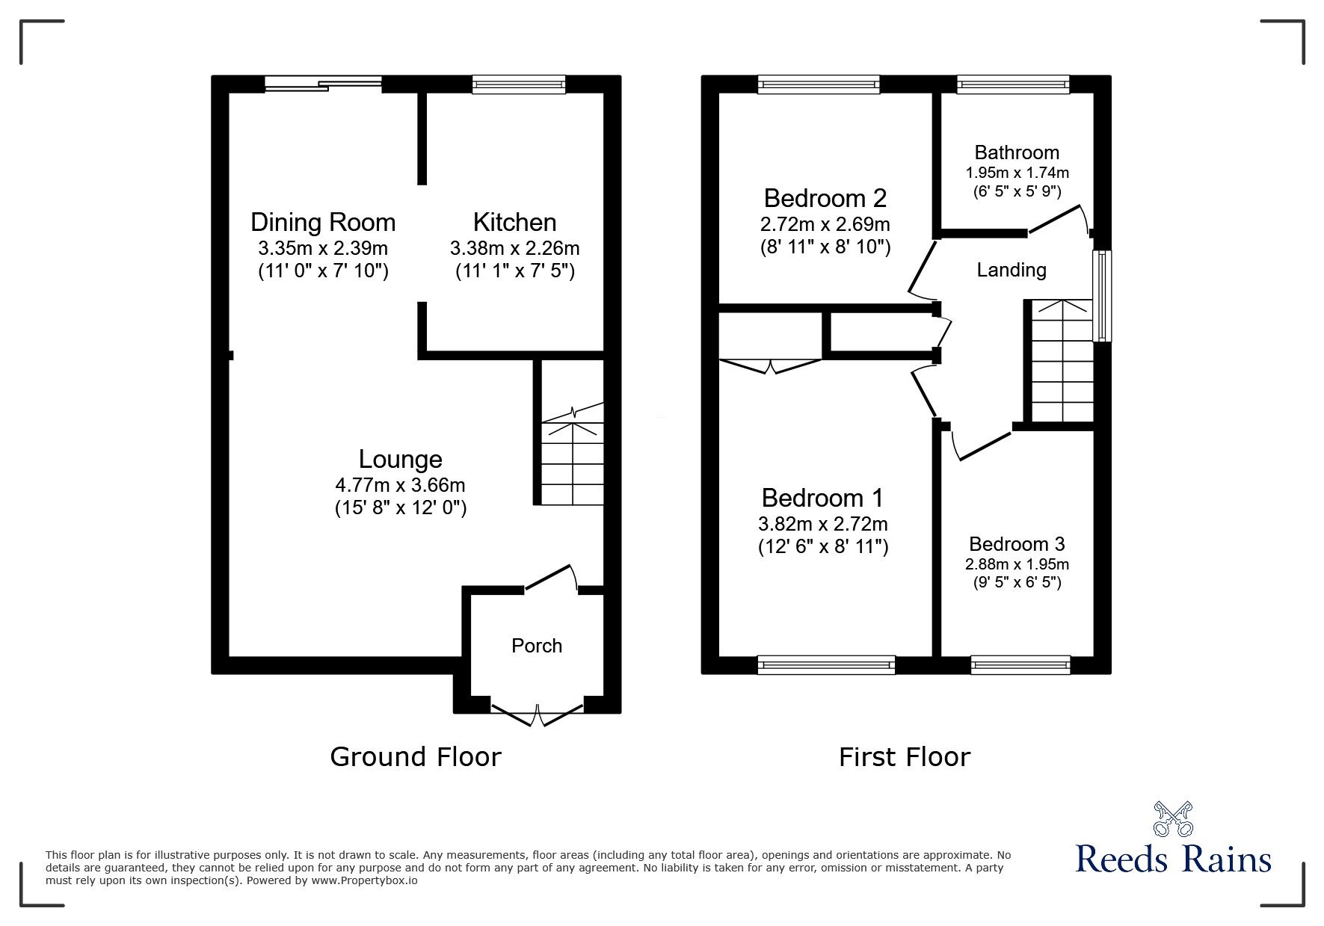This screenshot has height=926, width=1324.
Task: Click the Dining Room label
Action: [x=323, y=222]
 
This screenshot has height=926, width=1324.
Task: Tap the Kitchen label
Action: [x=514, y=222]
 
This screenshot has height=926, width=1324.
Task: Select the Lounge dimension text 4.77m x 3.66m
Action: [x=400, y=485]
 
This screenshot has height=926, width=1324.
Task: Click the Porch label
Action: [x=536, y=646]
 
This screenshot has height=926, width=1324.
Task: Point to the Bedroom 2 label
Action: [x=825, y=198]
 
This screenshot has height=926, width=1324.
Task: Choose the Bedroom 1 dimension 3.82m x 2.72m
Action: [x=822, y=524]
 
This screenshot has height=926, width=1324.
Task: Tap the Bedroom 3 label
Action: [x=1016, y=544]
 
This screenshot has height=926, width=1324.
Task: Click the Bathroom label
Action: [x=1016, y=152]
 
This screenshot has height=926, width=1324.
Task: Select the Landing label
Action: [x=1011, y=270]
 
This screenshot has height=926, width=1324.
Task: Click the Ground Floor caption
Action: [x=415, y=757]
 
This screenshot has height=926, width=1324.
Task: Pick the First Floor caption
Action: [x=904, y=757]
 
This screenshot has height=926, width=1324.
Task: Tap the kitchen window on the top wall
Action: [x=518, y=84]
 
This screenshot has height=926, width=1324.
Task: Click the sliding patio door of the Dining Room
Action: [x=323, y=84]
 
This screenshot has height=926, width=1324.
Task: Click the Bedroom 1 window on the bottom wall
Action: [x=825, y=664]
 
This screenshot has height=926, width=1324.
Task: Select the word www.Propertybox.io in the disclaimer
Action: [x=364, y=880]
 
